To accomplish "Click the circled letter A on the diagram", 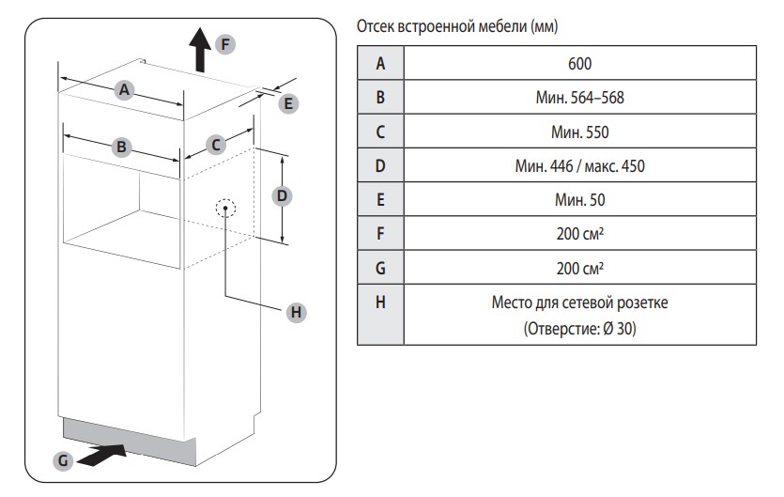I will coord(122,90).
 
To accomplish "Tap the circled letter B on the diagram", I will coord(121,147).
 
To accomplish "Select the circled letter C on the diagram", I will coord(215,145).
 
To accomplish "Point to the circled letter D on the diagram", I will coord(279,195).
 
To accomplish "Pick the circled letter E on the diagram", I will coord(288,104).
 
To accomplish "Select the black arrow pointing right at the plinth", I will coord(102,456).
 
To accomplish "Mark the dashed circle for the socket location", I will coord(226,208).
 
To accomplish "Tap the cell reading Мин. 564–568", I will coord(579,98).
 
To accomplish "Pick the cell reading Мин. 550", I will coord(579,132).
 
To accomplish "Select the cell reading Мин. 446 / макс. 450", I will coord(579,165).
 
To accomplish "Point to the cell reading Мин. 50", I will coord(579,199).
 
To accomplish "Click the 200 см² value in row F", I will coord(579,233).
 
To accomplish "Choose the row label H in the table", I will coord(380,303).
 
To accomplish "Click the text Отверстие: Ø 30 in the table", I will coord(579,329).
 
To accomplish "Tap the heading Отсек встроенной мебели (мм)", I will coord(457,27).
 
